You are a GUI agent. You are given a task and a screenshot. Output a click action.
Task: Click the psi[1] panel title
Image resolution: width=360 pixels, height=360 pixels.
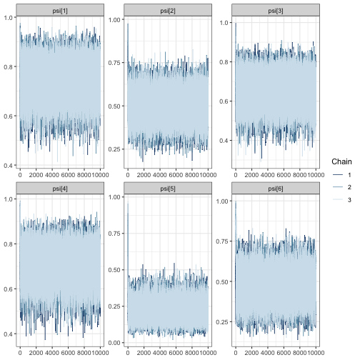click(x=60, y=9)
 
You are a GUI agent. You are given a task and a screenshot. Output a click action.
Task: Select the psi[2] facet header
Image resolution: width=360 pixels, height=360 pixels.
click(x=167, y=9)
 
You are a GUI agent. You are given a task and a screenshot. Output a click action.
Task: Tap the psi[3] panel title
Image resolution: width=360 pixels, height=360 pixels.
click(x=275, y=9)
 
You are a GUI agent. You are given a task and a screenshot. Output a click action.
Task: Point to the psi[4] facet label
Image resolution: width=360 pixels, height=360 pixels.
click(x=60, y=187)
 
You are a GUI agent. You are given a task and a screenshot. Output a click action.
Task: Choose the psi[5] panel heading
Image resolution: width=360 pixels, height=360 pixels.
click(x=167, y=187)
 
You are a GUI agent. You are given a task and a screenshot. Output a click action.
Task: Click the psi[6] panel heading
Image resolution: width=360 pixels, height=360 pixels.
click(x=275, y=187)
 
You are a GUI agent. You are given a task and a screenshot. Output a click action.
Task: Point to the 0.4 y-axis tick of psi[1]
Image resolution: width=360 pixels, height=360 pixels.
click(x=8, y=166)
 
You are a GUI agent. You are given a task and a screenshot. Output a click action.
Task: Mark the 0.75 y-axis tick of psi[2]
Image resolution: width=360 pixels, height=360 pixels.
click(x=114, y=63)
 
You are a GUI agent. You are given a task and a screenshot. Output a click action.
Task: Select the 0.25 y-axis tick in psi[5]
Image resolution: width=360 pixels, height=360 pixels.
click(x=114, y=305)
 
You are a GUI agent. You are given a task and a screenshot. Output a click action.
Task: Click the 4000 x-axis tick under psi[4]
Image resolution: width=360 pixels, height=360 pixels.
click(x=52, y=353)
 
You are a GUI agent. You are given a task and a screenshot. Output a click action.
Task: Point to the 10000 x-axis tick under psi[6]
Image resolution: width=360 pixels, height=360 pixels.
click(x=315, y=353)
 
